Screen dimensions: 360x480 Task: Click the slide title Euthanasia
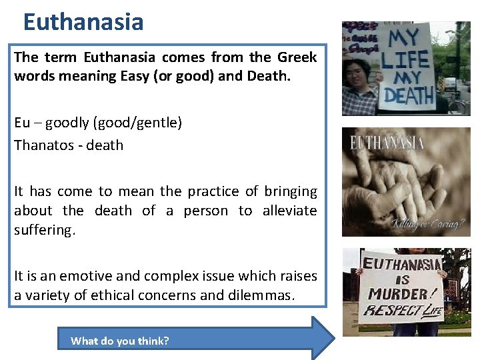coord(83,22)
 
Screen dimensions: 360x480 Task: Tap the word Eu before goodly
coord(21,123)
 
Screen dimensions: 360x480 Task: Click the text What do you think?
coord(120,341)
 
